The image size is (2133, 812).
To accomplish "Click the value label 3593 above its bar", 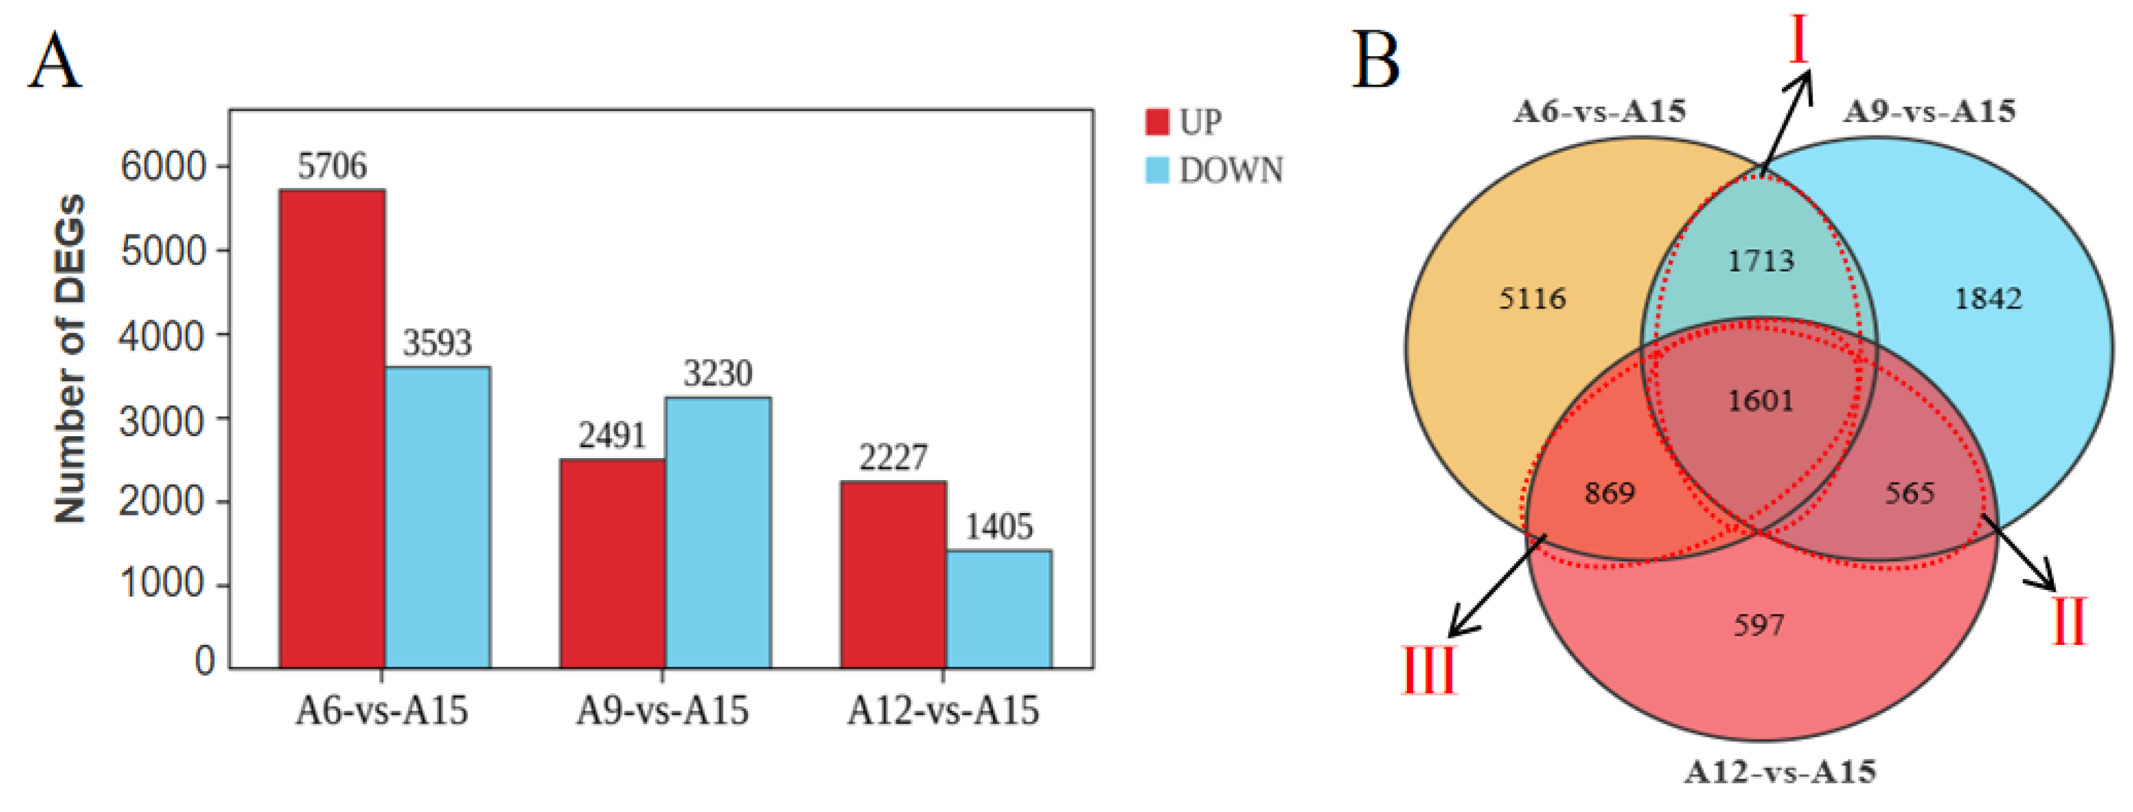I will (437, 343).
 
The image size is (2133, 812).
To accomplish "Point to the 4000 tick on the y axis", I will (162, 336).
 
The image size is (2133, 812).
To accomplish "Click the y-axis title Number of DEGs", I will (70, 358).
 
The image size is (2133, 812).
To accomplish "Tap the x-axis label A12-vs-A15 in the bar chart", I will (942, 711).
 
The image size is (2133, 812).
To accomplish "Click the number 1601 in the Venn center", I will (1761, 401).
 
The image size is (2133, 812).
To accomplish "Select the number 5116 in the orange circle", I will (1532, 298).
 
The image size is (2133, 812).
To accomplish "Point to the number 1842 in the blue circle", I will (1987, 298).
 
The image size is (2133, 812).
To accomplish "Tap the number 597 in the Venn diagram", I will (1759, 625).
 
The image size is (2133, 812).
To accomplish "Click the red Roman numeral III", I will (1428, 671).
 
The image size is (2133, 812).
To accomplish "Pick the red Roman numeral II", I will (2068, 622).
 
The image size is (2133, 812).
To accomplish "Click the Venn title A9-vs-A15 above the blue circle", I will (1929, 111).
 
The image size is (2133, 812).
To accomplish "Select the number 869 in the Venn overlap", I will (1610, 494).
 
